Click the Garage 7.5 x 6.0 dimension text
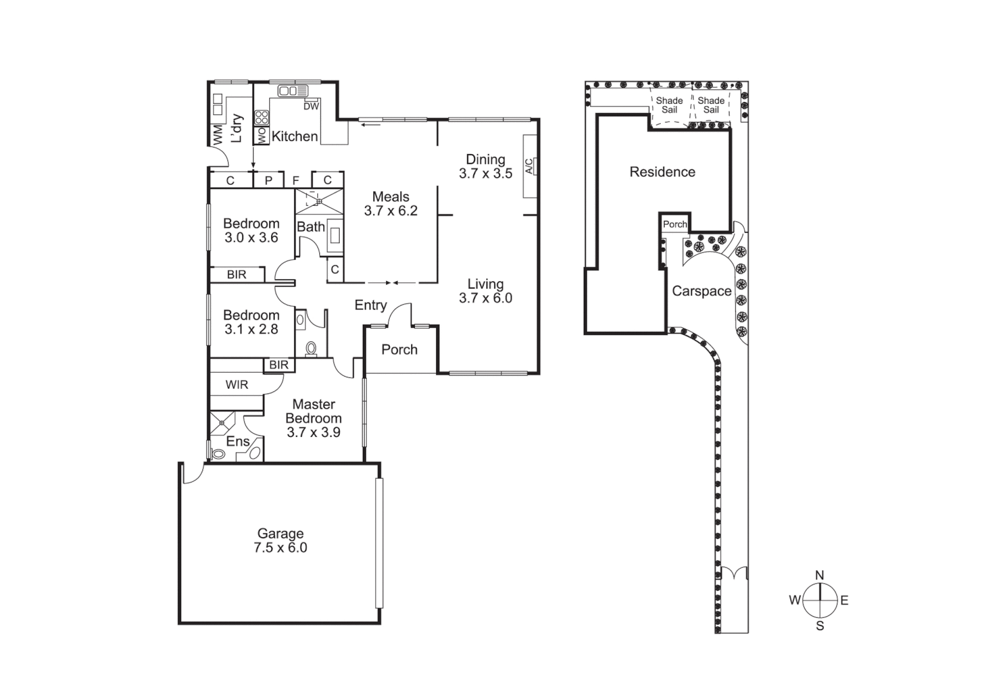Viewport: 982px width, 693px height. (280, 548)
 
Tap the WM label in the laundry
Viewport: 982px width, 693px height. (218, 135)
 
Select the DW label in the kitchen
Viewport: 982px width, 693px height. (311, 107)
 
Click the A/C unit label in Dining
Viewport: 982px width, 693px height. (529, 166)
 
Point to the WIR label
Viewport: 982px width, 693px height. (236, 385)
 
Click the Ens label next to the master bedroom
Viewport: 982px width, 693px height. (238, 441)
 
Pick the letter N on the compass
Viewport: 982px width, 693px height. (820, 576)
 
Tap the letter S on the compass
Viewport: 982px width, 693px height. (820, 626)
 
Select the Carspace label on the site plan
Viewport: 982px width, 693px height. (701, 291)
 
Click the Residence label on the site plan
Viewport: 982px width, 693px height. (662, 172)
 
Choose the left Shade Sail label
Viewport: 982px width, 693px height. (669, 105)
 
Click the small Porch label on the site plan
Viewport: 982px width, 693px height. (674, 224)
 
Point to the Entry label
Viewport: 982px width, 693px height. (371, 305)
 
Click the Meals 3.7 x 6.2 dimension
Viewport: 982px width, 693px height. (390, 211)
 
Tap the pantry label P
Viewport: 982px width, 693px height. (268, 181)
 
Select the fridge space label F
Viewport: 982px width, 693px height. (296, 181)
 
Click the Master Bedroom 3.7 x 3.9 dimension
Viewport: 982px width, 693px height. (313, 432)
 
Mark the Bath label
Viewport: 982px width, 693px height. (310, 227)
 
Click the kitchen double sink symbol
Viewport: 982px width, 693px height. (293, 91)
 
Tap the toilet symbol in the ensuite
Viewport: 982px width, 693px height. (218, 454)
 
